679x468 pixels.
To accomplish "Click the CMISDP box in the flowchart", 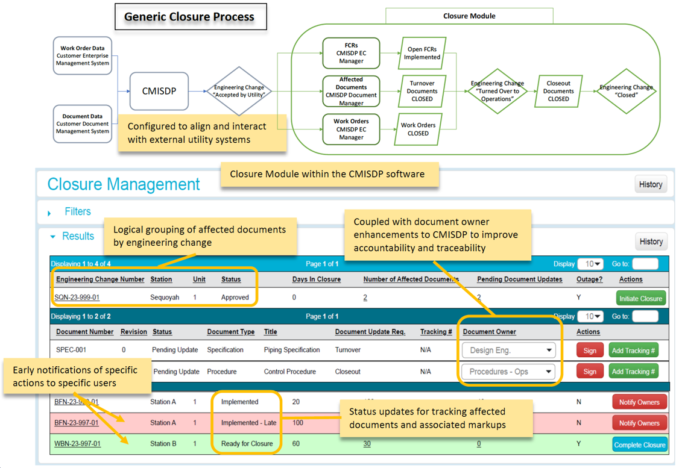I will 159,91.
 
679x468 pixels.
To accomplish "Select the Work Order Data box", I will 83,55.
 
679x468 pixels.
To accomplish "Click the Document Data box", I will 83,123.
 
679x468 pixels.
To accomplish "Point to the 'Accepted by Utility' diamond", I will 239,92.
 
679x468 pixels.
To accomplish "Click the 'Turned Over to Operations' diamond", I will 497,92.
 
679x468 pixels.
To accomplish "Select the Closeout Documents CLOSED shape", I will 558,92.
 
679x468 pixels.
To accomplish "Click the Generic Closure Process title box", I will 190,17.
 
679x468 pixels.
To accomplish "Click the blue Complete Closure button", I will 639,445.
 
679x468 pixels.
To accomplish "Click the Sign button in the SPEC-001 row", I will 589,351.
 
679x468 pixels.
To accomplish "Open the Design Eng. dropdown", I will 508,350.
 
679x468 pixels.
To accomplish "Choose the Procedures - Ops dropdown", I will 508,372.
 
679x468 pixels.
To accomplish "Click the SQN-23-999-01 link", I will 77,298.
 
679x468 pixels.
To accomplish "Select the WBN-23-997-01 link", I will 78,444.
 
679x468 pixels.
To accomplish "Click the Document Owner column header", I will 489,332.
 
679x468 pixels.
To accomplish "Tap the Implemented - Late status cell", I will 248,423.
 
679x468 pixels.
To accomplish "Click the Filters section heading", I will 77,211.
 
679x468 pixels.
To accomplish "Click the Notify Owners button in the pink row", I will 639,423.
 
